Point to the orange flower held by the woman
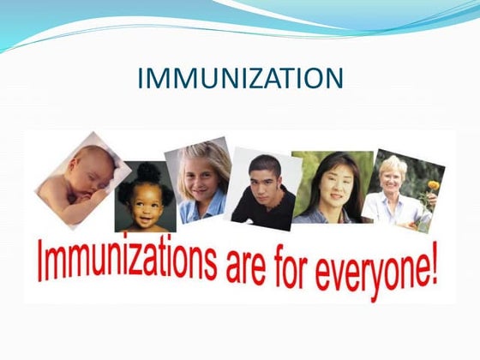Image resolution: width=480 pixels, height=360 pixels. tap(434, 186)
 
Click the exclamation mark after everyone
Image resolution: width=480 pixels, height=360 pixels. tap(435, 268)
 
